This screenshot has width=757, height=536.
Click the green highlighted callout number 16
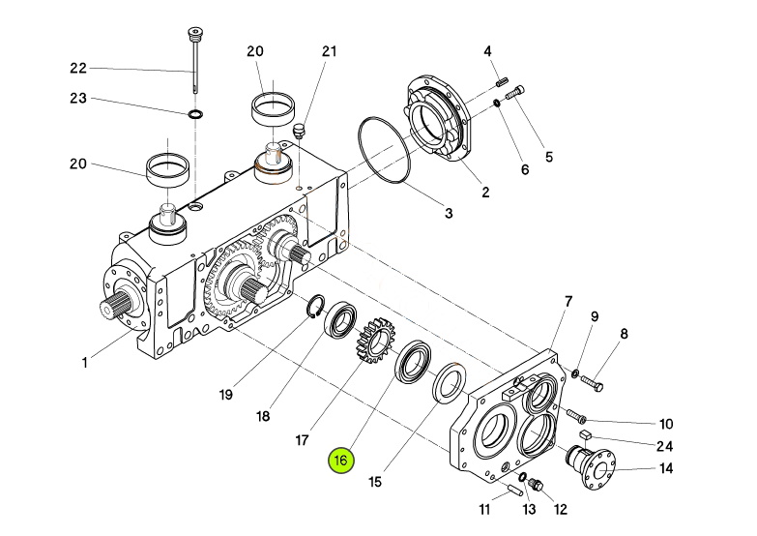point(341,461)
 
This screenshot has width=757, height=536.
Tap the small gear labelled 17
point(376,341)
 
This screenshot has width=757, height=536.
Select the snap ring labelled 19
point(315,307)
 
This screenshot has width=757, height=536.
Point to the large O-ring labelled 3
point(385,150)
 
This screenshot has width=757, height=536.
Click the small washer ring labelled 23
point(195,114)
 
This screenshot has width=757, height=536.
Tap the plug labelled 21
point(299,131)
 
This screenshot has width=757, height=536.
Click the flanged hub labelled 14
point(591,466)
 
